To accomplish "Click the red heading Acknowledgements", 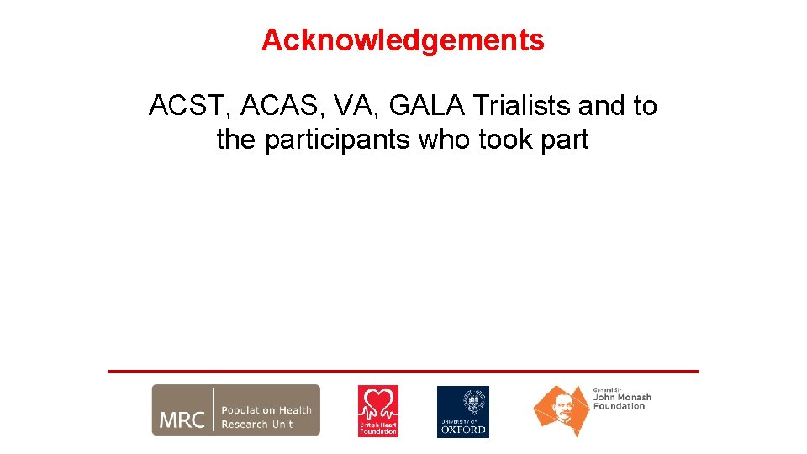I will [403, 40].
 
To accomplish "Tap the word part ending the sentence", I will [565, 140].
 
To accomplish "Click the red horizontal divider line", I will [403, 371].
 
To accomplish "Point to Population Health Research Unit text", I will [266, 417].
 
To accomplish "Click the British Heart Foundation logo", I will [378, 411].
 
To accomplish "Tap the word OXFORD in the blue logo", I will [462, 429].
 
